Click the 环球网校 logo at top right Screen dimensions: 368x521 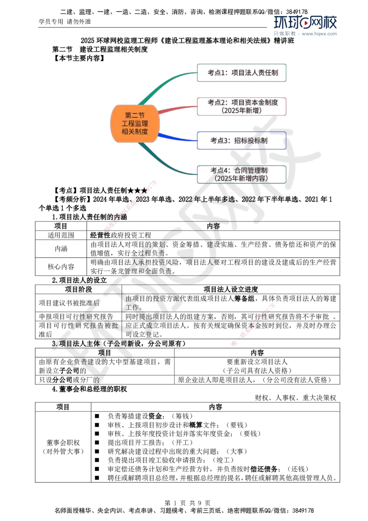[x=305, y=23]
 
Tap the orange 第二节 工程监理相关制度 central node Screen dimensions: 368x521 [x=134, y=124]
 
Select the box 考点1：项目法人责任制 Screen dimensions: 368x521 [x=241, y=73]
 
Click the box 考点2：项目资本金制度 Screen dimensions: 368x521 [x=241, y=106]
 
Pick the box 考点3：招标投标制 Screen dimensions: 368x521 [x=241, y=140]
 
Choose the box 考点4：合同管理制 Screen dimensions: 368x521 [x=241, y=174]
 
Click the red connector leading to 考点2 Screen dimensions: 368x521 [x=178, y=109]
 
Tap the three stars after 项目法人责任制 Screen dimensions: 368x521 [x=137, y=191]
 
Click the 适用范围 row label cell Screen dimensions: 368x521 [x=61, y=235]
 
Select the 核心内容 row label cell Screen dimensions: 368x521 [x=61, y=266]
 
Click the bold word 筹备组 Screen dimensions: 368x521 [x=244, y=298]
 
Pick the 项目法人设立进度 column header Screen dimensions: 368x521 [x=230, y=289]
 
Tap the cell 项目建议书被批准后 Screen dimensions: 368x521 [x=78, y=303]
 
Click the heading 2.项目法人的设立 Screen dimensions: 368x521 [x=80, y=280]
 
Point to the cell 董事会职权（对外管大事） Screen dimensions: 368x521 [x=63, y=447]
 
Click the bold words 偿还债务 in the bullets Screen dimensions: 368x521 [x=264, y=469]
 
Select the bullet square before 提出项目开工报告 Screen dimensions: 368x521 [x=97, y=442]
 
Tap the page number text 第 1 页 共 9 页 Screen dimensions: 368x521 [x=187, y=503]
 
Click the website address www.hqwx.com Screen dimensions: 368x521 [x=319, y=34]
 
